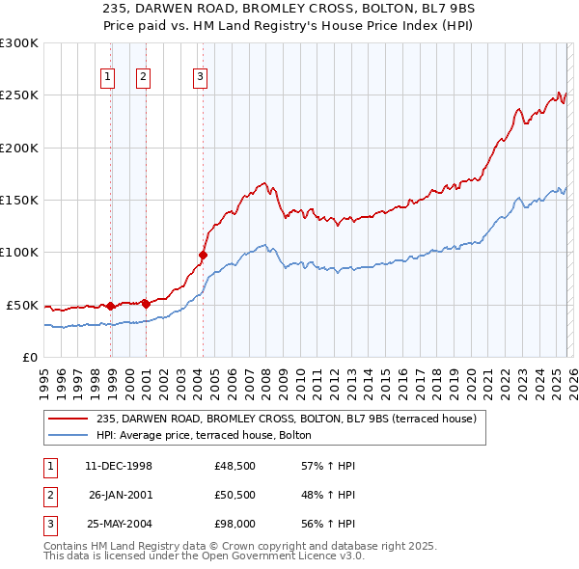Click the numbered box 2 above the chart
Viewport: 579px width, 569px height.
[x=143, y=78]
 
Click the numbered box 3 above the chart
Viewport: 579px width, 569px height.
[x=200, y=78]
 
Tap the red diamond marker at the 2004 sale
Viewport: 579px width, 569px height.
[x=204, y=256]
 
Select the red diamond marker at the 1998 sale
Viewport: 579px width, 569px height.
[x=111, y=306]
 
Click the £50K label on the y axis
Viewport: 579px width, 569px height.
[x=22, y=305]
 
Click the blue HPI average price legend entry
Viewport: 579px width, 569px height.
[x=204, y=436]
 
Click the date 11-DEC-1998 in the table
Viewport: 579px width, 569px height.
[x=119, y=467]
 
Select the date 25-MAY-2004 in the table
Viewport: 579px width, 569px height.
[x=119, y=527]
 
